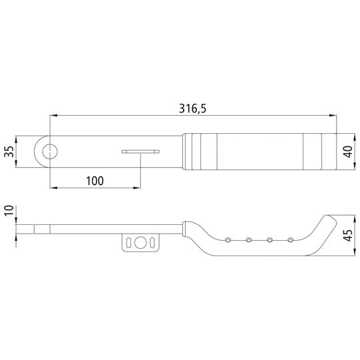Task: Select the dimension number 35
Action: [x=9, y=152]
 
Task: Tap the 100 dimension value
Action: [x=95, y=180]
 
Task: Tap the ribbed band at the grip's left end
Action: [x=194, y=152]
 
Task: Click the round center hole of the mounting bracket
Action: [x=140, y=242]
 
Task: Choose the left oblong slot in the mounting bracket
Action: [x=130, y=242]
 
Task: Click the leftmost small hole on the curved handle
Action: [x=228, y=239]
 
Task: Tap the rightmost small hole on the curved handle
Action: [x=290, y=239]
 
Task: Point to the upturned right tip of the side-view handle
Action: [x=329, y=220]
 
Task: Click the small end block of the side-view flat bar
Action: [x=43, y=230]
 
